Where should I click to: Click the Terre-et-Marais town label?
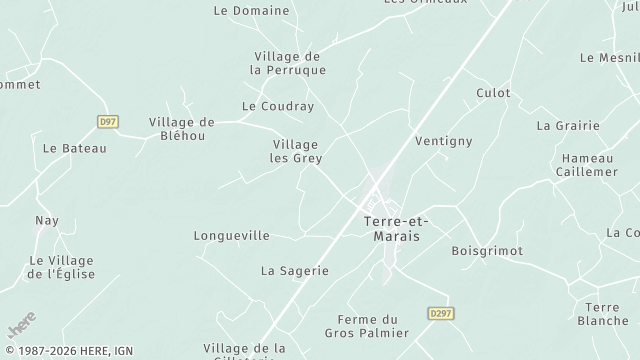(x=390, y=228)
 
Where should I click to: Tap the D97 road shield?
(x=108, y=121)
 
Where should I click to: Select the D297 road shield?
(x=440, y=313)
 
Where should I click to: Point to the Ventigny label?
(x=442, y=141)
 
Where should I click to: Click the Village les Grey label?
(x=295, y=151)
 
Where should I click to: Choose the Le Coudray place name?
(x=278, y=106)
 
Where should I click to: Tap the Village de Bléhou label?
(x=183, y=128)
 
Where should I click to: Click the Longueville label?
(x=231, y=236)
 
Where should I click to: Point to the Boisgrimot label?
(x=487, y=251)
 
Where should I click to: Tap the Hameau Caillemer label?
(x=586, y=165)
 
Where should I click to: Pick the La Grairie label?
(x=568, y=126)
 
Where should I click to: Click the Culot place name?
(x=493, y=93)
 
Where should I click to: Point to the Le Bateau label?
(x=74, y=148)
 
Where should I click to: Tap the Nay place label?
(x=47, y=220)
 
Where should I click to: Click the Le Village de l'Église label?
(x=61, y=267)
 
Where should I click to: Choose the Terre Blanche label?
(x=603, y=314)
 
